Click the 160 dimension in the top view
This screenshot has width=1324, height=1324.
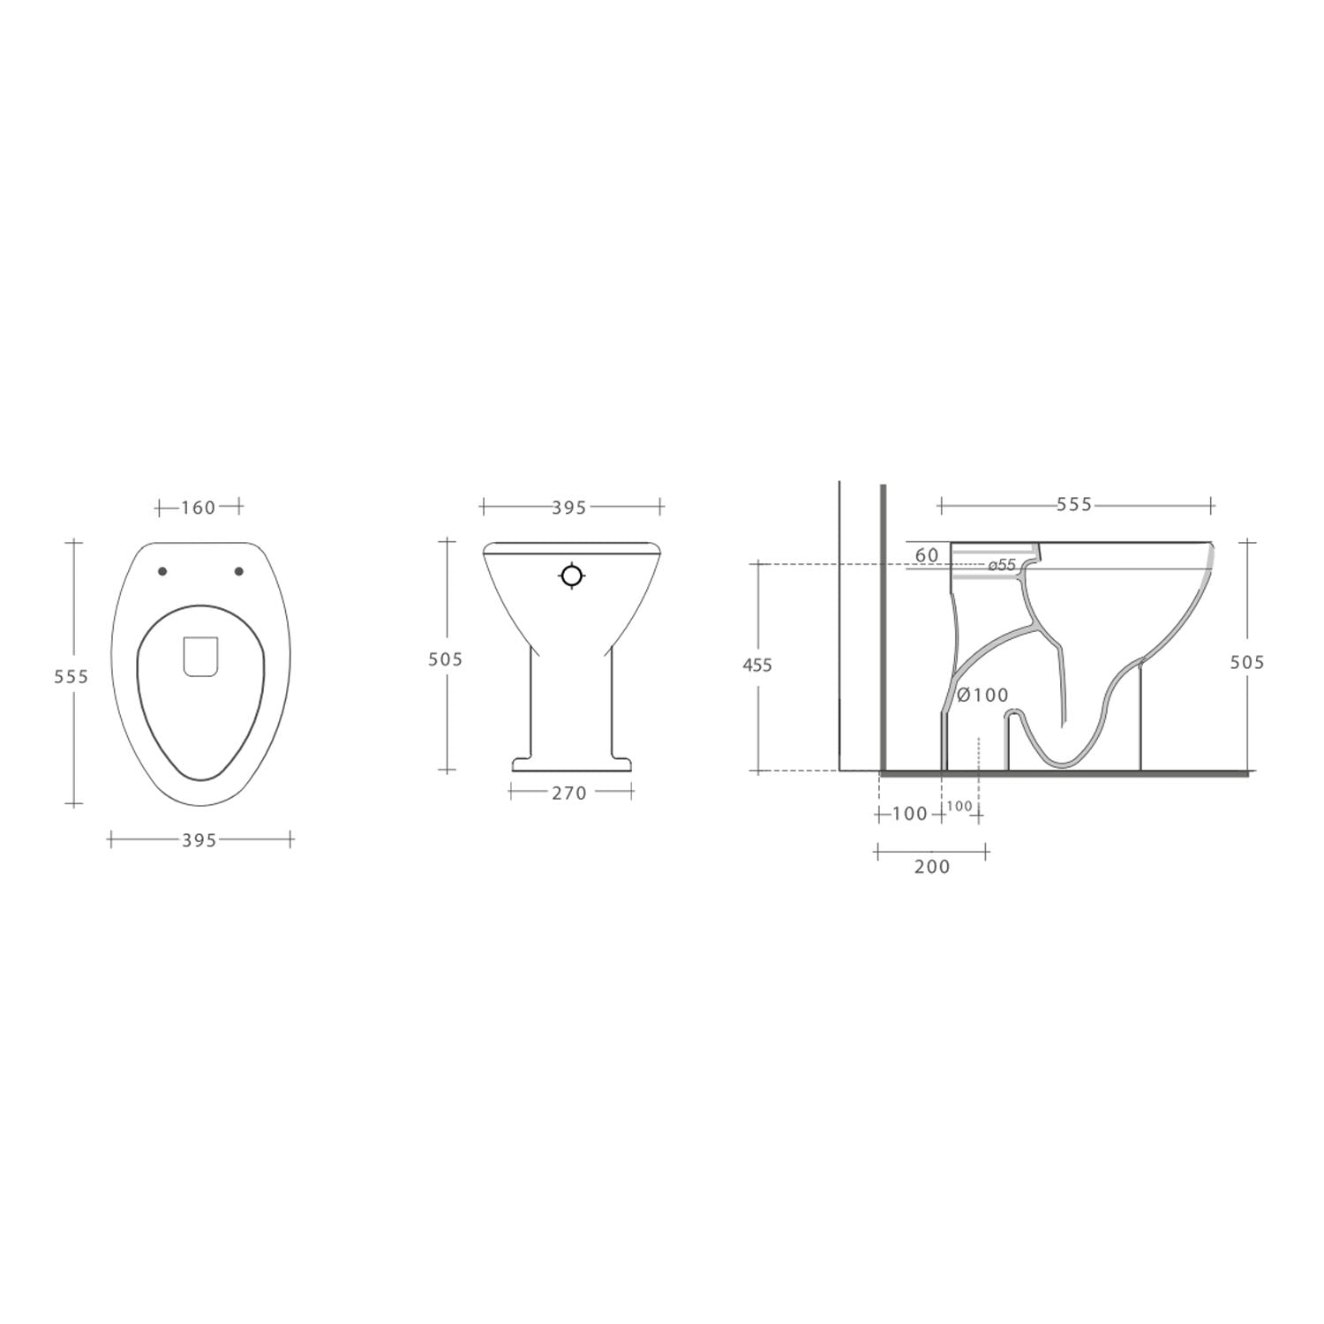click(x=199, y=508)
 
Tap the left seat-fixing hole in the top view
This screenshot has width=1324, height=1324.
click(x=162, y=571)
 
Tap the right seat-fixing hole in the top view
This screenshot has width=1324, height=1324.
click(x=238, y=571)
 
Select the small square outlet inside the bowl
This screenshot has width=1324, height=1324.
click(x=201, y=657)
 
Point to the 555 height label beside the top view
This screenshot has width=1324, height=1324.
click(x=71, y=676)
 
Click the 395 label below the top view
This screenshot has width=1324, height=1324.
click(x=199, y=841)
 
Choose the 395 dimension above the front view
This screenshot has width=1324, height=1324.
click(x=569, y=508)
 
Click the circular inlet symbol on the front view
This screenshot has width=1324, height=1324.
click(x=572, y=575)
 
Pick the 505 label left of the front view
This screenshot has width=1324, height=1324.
click(x=445, y=658)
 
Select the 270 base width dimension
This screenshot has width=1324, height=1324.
click(x=569, y=793)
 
